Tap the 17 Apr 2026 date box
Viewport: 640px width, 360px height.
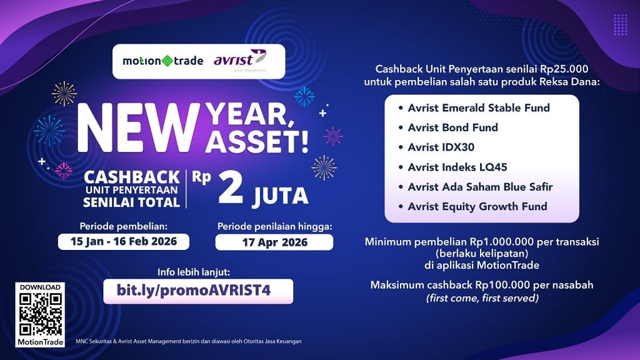[x=274, y=242]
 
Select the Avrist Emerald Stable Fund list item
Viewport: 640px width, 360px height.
[x=478, y=108]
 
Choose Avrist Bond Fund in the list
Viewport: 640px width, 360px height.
[x=452, y=127]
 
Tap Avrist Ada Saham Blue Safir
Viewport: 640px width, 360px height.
[x=480, y=186]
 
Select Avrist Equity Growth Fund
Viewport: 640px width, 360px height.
[x=477, y=206]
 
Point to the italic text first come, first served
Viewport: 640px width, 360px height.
[x=481, y=297]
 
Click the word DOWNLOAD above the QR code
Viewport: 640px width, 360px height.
[x=40, y=287]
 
